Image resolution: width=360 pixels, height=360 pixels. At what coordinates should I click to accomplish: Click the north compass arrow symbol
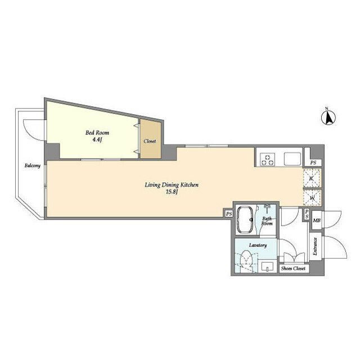tap(328, 118)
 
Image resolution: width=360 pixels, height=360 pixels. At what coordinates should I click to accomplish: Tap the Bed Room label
tap(97, 133)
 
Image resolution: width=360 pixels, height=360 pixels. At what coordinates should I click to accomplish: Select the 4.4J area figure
tap(97, 140)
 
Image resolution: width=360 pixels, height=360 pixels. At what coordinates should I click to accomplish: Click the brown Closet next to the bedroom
tap(150, 139)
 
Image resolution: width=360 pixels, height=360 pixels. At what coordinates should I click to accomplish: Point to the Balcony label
tap(33, 165)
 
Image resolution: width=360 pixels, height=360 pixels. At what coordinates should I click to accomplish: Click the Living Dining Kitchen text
tap(172, 185)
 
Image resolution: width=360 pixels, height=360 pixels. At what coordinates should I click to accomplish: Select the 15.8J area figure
tap(172, 192)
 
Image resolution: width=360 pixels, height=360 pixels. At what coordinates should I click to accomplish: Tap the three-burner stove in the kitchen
tap(267, 159)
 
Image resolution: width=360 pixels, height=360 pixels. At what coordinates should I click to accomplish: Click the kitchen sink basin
tap(292, 159)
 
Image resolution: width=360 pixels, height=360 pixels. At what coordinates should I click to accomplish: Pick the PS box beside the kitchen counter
tap(313, 163)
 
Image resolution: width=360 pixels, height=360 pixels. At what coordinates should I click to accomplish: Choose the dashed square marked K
tap(312, 178)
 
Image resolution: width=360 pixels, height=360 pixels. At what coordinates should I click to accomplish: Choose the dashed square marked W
tap(312, 197)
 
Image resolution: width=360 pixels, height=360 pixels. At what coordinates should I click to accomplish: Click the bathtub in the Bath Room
tap(245, 219)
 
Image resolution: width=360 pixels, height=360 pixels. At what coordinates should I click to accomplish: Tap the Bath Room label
tap(267, 221)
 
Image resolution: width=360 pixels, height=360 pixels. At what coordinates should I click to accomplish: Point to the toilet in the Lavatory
tap(246, 261)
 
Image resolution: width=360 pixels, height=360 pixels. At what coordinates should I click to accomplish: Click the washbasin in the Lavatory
tap(268, 267)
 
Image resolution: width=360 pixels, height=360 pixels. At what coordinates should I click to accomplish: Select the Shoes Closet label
tap(294, 268)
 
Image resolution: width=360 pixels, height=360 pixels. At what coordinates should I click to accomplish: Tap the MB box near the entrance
tap(317, 220)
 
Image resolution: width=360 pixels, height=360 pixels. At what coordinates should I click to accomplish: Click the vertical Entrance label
tap(315, 246)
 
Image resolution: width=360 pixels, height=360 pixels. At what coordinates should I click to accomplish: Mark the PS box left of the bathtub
tap(229, 214)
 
